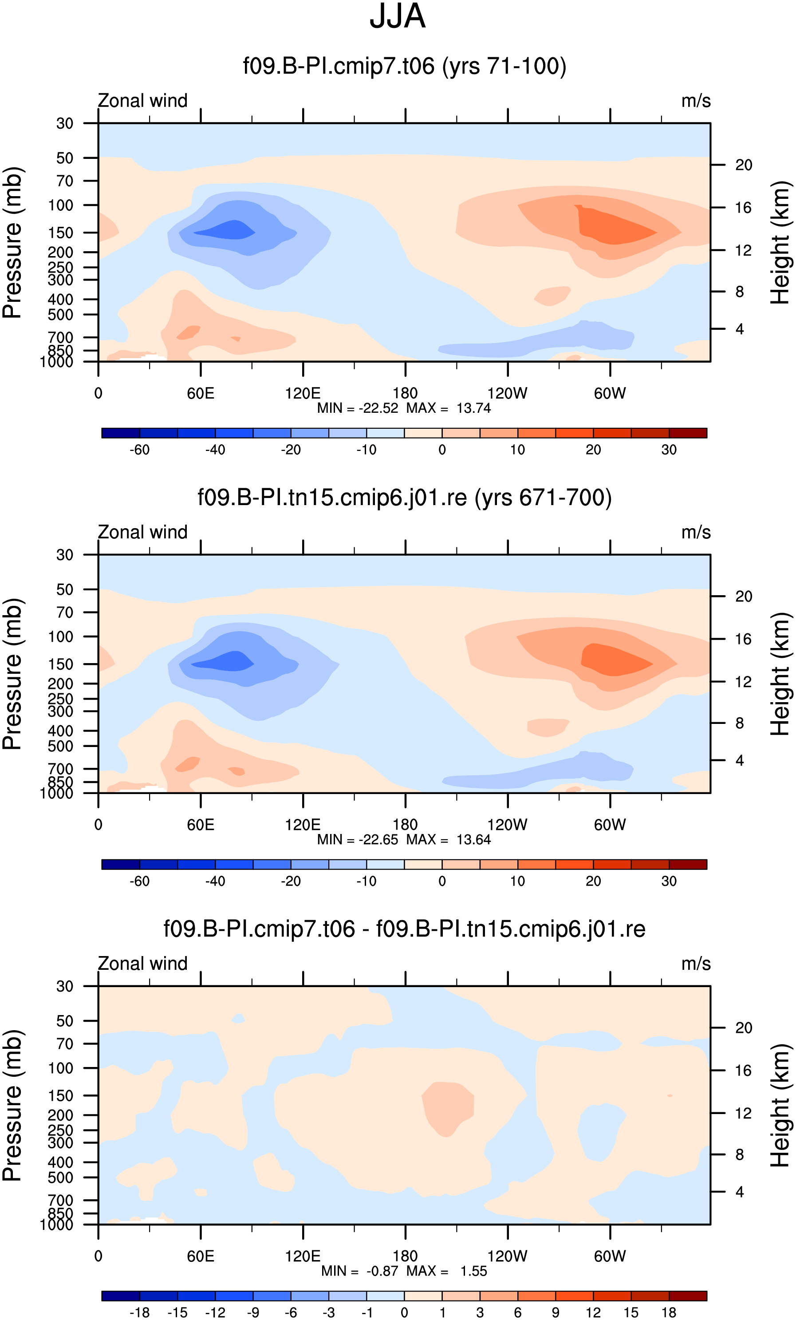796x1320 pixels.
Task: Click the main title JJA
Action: (x=398, y=16)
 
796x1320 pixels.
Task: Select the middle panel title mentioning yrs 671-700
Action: (x=404, y=498)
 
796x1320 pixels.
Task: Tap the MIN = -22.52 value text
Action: (x=358, y=408)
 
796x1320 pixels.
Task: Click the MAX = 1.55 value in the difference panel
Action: (x=447, y=1271)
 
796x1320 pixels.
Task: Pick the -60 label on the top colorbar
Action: (x=139, y=450)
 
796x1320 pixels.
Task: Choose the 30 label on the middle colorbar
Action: (x=669, y=881)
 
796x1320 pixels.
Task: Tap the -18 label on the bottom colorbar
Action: (x=139, y=1312)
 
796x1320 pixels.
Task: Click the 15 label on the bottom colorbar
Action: (x=631, y=1312)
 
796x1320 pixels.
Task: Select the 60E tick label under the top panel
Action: (x=201, y=394)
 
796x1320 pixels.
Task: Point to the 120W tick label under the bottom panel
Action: (x=507, y=1256)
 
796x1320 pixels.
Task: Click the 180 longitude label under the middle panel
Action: (x=405, y=825)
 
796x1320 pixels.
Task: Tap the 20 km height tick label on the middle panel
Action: (x=744, y=596)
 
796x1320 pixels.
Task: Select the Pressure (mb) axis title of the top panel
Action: (x=12, y=243)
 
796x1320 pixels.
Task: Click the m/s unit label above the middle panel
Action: (x=696, y=533)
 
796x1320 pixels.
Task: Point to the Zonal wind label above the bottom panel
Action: (x=142, y=964)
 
